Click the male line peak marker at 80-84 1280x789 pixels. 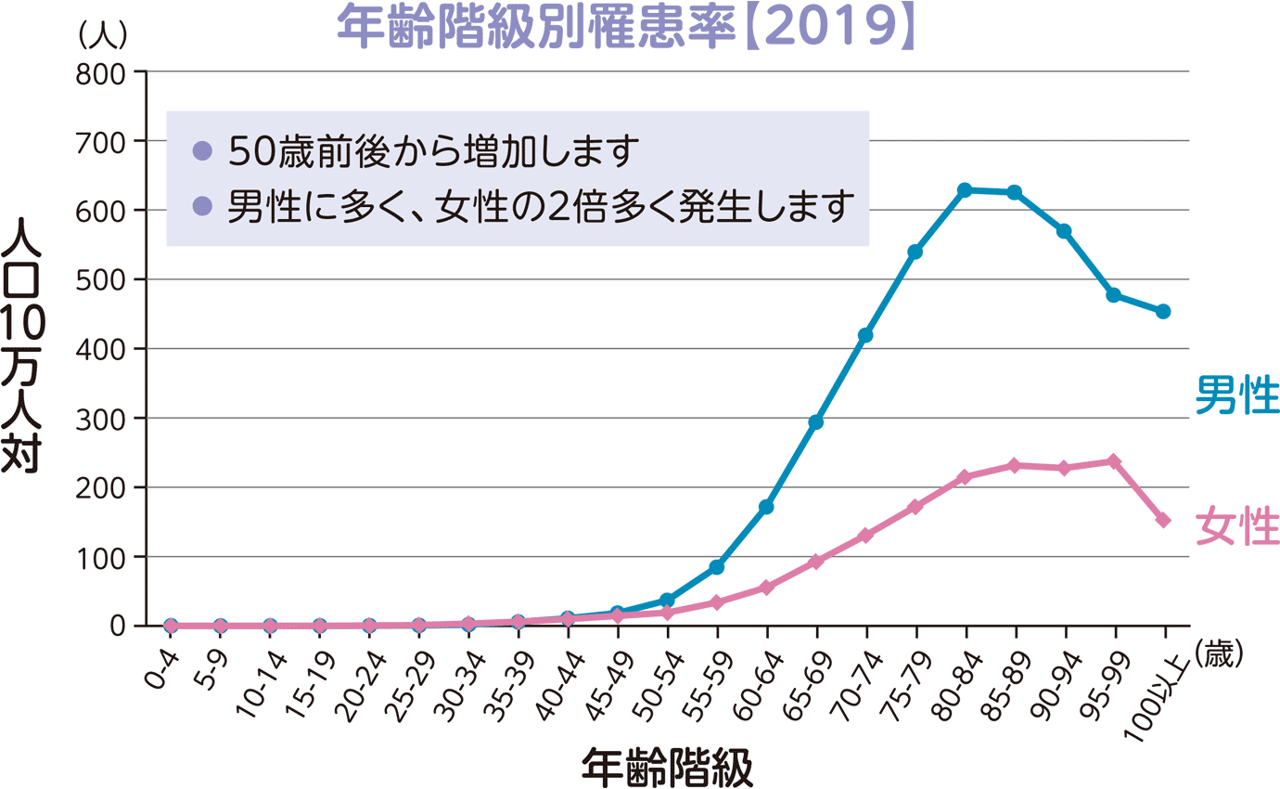click(965, 190)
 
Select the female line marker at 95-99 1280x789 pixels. click(1114, 461)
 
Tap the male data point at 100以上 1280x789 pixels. click(1163, 311)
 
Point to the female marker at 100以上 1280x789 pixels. click(1163, 520)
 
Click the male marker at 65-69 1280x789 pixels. click(816, 422)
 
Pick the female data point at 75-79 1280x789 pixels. click(915, 507)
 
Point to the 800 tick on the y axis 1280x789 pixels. click(103, 72)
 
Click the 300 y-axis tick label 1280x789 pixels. click(103, 419)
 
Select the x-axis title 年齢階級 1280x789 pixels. click(666, 766)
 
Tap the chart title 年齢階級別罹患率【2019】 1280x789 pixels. click(627, 28)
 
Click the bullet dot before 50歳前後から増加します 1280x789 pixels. click(203, 151)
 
